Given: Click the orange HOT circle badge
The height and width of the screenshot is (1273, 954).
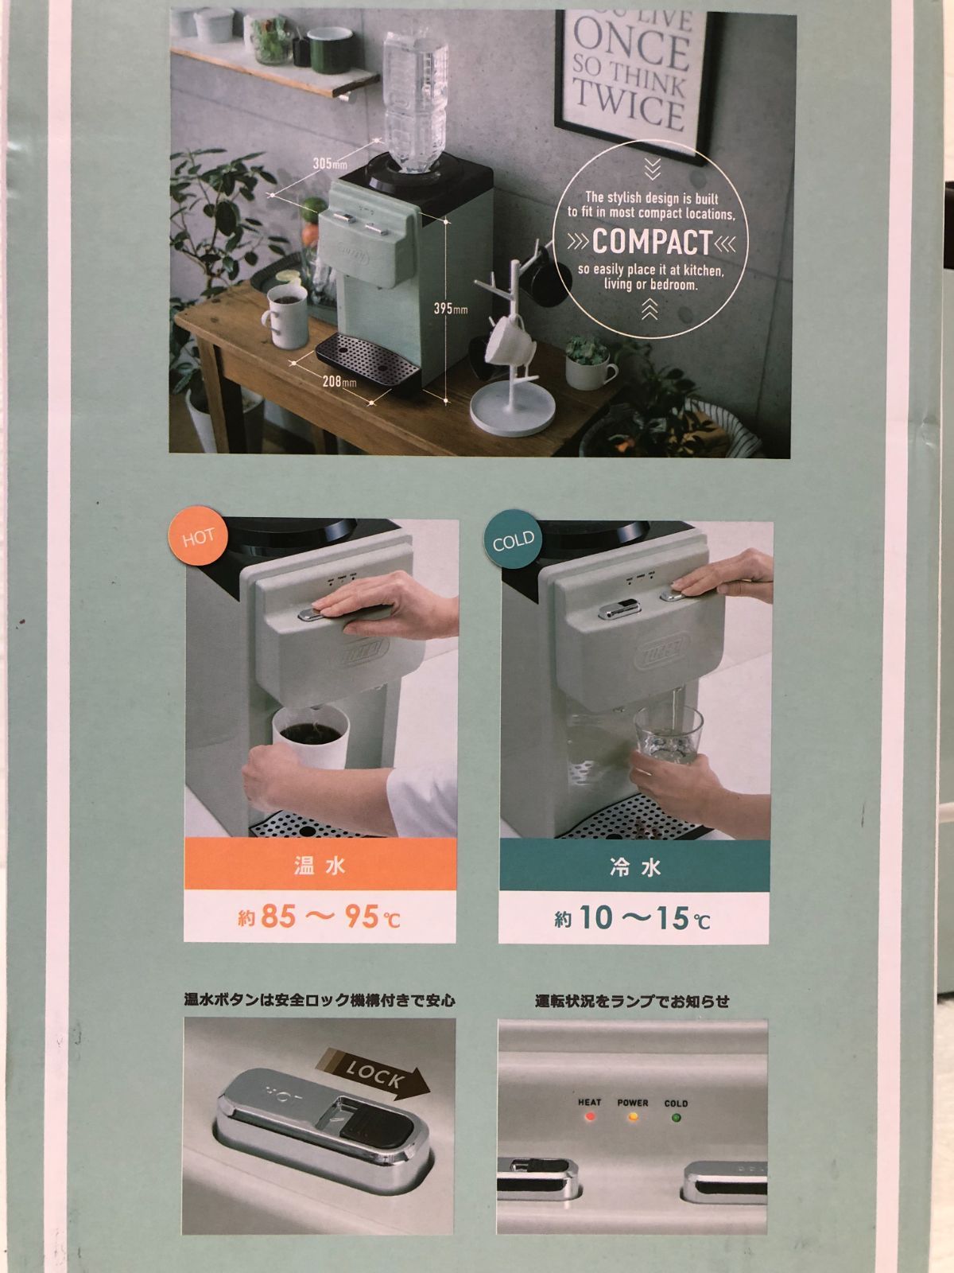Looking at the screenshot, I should click(198, 537).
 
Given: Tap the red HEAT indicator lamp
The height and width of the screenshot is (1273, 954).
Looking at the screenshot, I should click(590, 1117).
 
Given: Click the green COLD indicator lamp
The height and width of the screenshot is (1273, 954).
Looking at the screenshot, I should click(676, 1117).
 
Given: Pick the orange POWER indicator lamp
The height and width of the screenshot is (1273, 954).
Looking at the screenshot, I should click(633, 1117).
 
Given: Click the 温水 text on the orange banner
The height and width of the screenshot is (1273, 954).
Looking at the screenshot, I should click(320, 866).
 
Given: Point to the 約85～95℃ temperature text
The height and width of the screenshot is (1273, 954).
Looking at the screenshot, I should click(320, 917).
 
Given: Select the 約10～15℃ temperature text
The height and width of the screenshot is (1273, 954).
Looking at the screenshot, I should click(633, 920).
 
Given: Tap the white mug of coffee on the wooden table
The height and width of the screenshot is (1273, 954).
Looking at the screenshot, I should click(283, 318).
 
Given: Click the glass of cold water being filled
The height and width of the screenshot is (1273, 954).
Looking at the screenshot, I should click(667, 738).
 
